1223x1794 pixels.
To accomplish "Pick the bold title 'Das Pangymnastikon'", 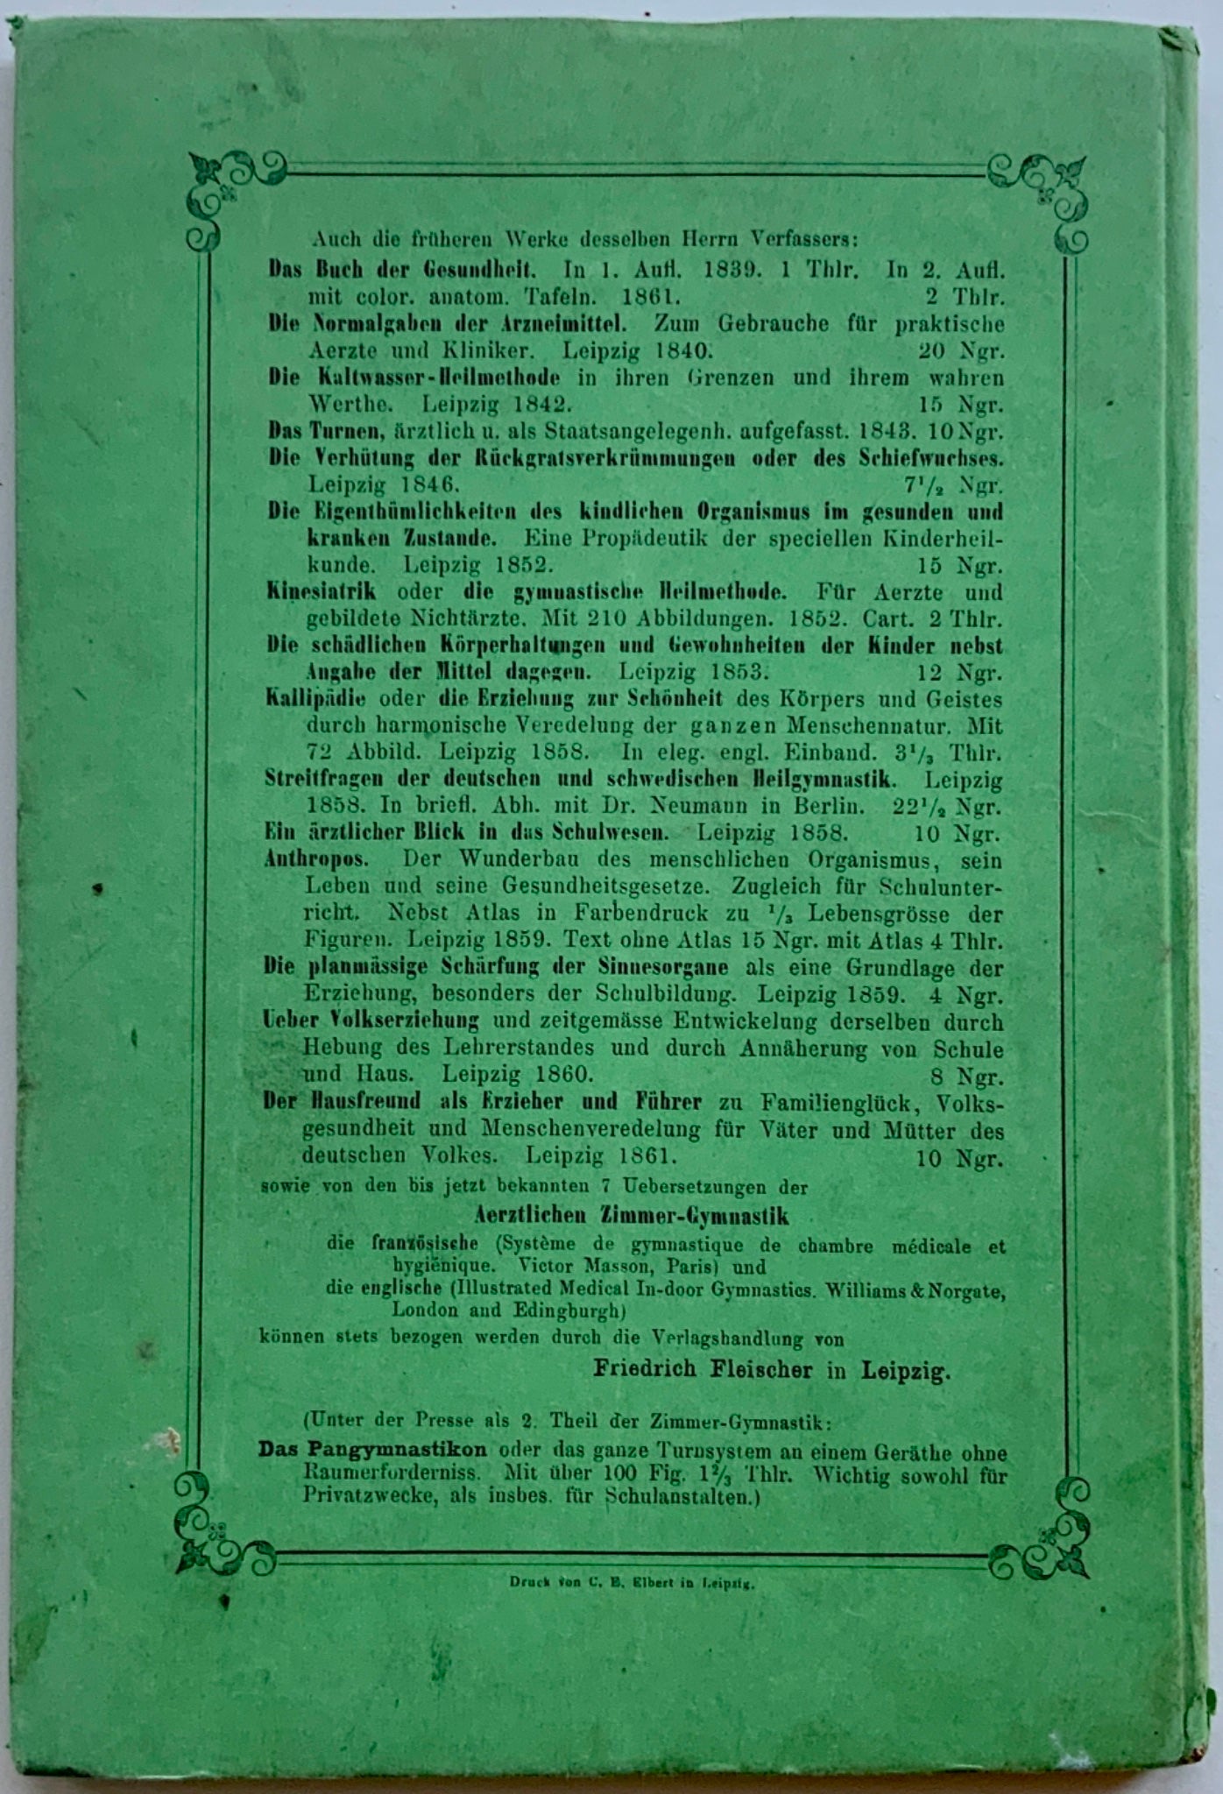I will coord(372,1449).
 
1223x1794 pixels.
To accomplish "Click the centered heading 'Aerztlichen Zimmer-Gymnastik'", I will coord(631,1216).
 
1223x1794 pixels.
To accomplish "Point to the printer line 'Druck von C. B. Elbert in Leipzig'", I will coord(632,1583).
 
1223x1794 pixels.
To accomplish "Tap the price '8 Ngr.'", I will coord(967,1077).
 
